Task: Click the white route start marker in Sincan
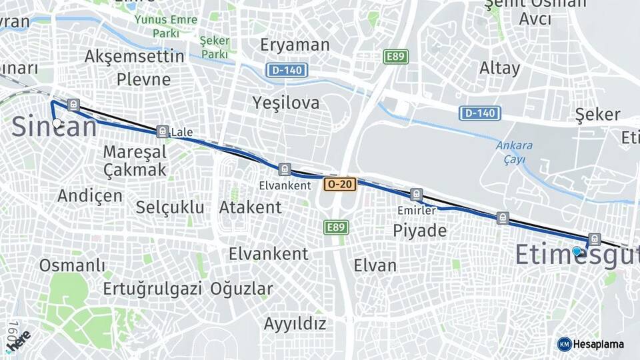coord(57,123)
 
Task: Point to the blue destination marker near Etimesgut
coord(577,251)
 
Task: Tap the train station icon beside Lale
coord(161,131)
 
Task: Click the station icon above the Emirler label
coord(417,195)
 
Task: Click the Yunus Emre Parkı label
coord(165,26)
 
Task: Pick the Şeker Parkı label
coord(214,47)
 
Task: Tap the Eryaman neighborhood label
coord(295,45)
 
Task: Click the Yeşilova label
coord(286,103)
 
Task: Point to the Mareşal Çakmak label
coord(135,161)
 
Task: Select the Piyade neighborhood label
coord(419,231)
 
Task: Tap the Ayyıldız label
coord(295,324)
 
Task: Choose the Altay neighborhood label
coord(499,68)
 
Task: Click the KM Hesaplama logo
coord(591,344)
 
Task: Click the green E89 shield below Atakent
coord(336,227)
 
